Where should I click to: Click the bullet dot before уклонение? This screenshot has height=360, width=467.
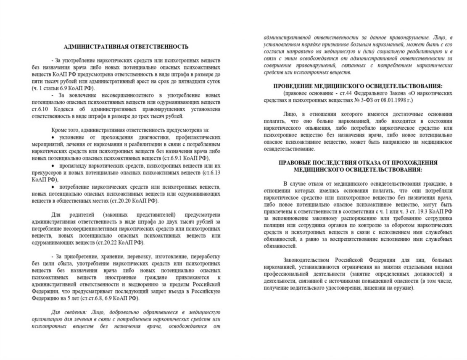pos(53,138)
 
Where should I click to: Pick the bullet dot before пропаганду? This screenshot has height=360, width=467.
pos(53,166)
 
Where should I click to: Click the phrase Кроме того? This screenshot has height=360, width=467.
pos(65,129)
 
